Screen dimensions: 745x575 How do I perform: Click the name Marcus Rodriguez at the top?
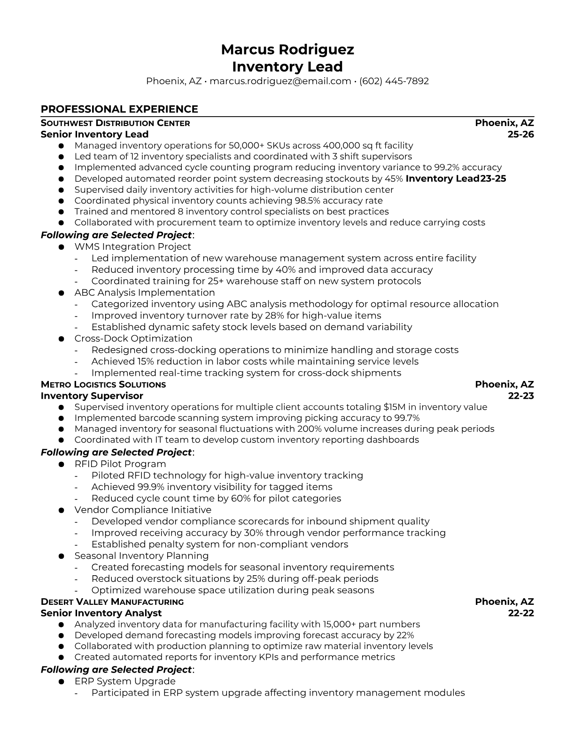pyautogui.click(x=287, y=49)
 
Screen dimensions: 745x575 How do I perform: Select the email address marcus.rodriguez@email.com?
pyautogui.click(x=280, y=81)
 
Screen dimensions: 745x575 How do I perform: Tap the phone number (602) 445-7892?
pyautogui.click(x=394, y=81)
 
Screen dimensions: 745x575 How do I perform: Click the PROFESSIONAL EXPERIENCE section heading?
pyautogui.click(x=119, y=109)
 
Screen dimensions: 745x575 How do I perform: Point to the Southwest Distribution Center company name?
pyautogui.click(x=115, y=123)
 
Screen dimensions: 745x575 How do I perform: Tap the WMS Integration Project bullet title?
pyautogui.click(x=132, y=246)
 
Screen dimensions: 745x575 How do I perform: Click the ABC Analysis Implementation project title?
pyautogui.click(x=144, y=293)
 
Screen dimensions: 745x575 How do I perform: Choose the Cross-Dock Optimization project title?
pyautogui.click(x=133, y=339)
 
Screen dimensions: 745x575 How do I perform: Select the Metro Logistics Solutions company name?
pyautogui.click(x=103, y=385)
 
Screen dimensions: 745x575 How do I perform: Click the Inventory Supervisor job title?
pyautogui.click(x=92, y=396)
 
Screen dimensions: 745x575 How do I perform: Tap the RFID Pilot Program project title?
pyautogui.click(x=120, y=464)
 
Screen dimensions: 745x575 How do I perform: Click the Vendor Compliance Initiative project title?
pyautogui.click(x=142, y=510)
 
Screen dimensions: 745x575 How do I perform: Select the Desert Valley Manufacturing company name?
pyautogui.click(x=112, y=602)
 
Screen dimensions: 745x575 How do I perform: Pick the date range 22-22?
pyautogui.click(x=521, y=613)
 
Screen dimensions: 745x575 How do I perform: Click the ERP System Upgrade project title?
pyautogui.click(x=124, y=682)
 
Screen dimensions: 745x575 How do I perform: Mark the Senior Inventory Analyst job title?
pyautogui.click(x=101, y=613)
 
